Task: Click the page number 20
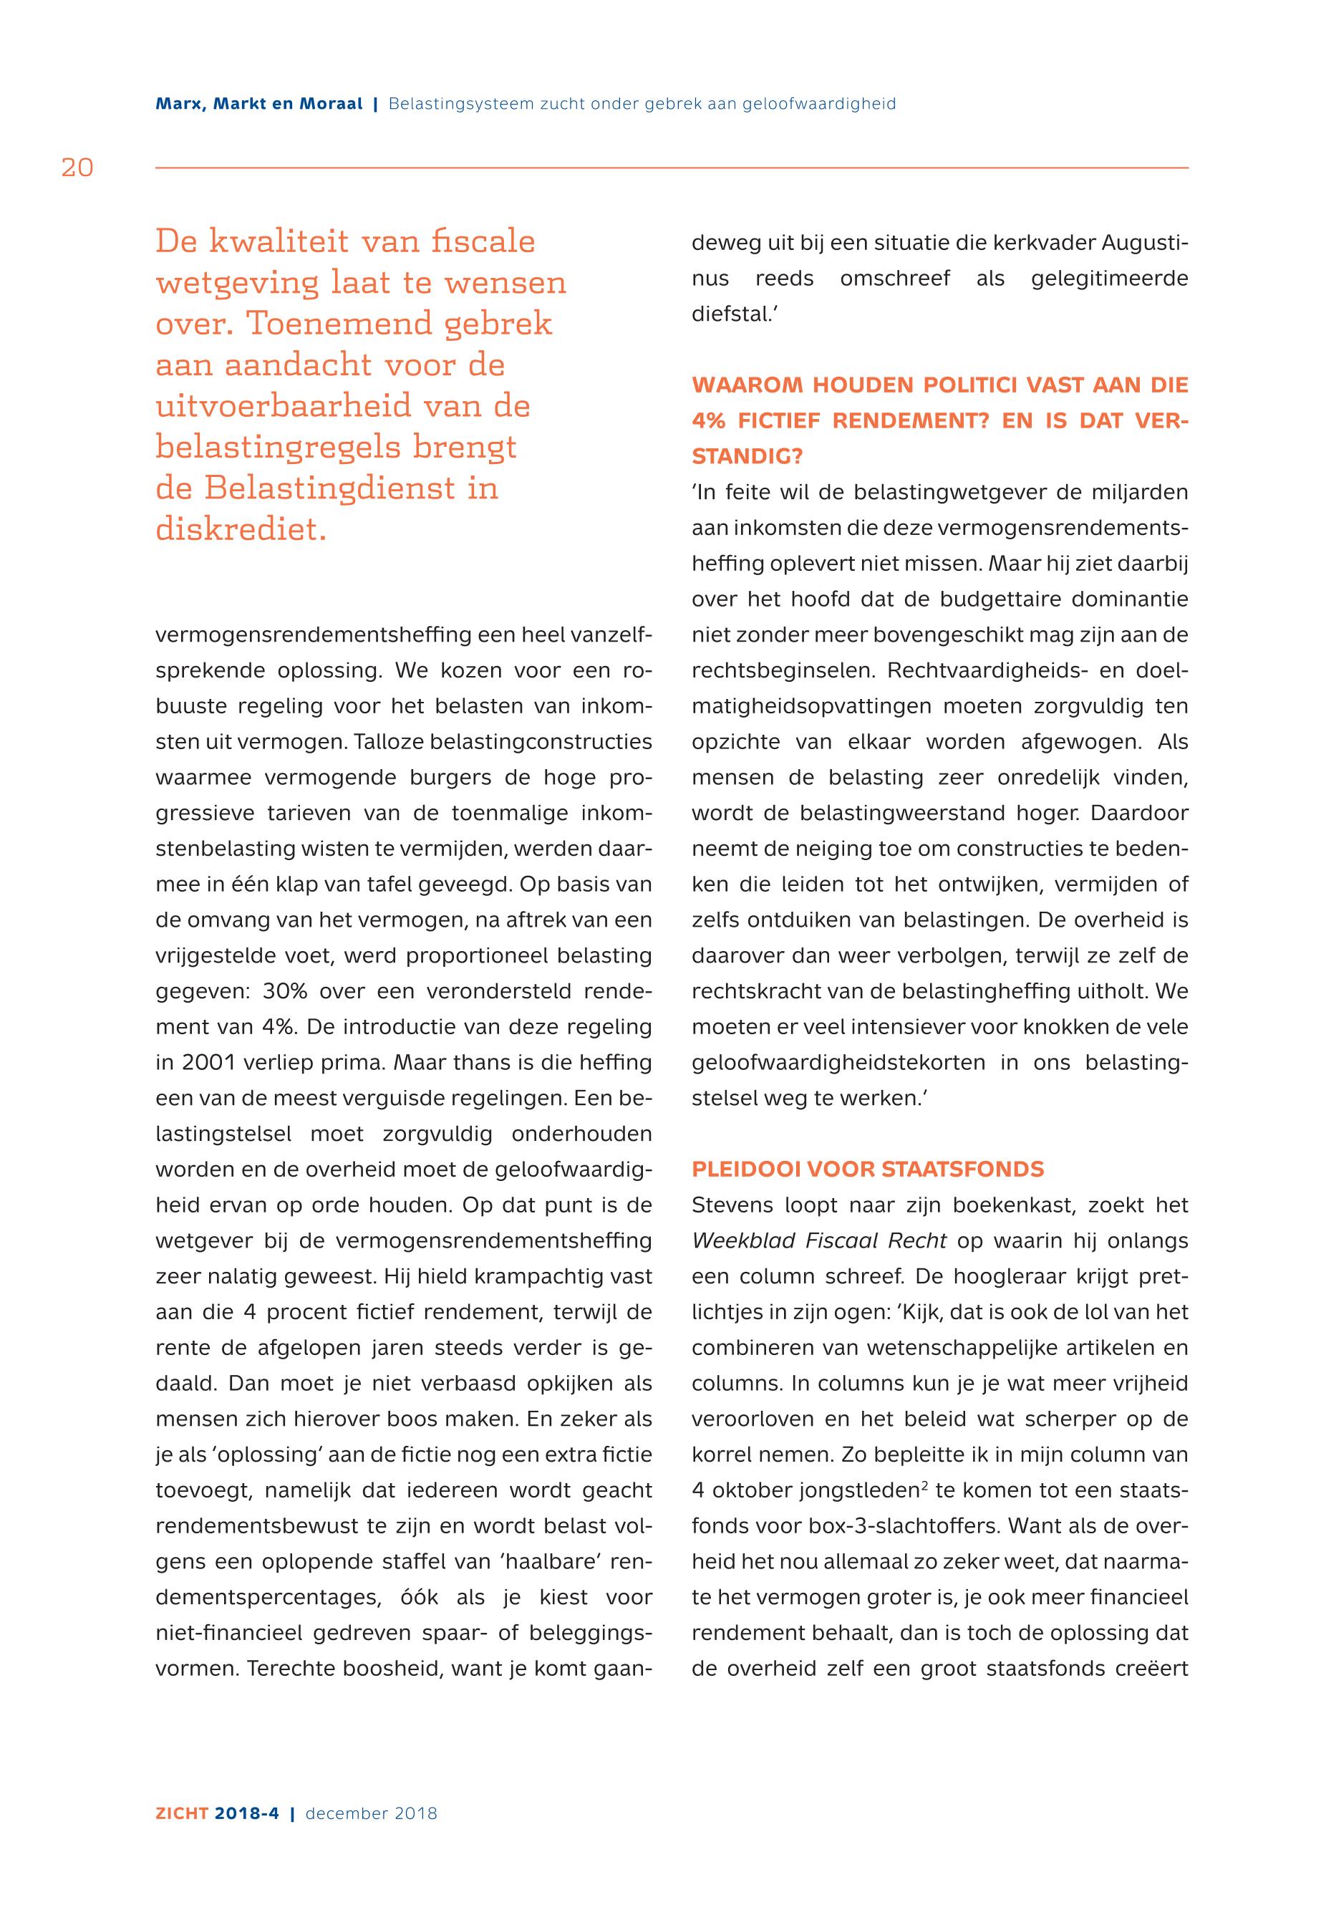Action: pyautogui.click(x=77, y=168)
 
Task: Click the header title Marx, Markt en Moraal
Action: pyautogui.click(x=258, y=105)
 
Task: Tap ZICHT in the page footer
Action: pyautogui.click(x=183, y=1813)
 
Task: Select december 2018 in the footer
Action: pyautogui.click(x=371, y=1813)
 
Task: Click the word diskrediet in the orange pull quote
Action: pyautogui.click(x=241, y=529)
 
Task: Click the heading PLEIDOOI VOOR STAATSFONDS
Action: pyautogui.click(x=868, y=1169)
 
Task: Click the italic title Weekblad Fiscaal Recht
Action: pyautogui.click(x=818, y=1240)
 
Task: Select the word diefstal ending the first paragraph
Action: pyautogui.click(x=729, y=314)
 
